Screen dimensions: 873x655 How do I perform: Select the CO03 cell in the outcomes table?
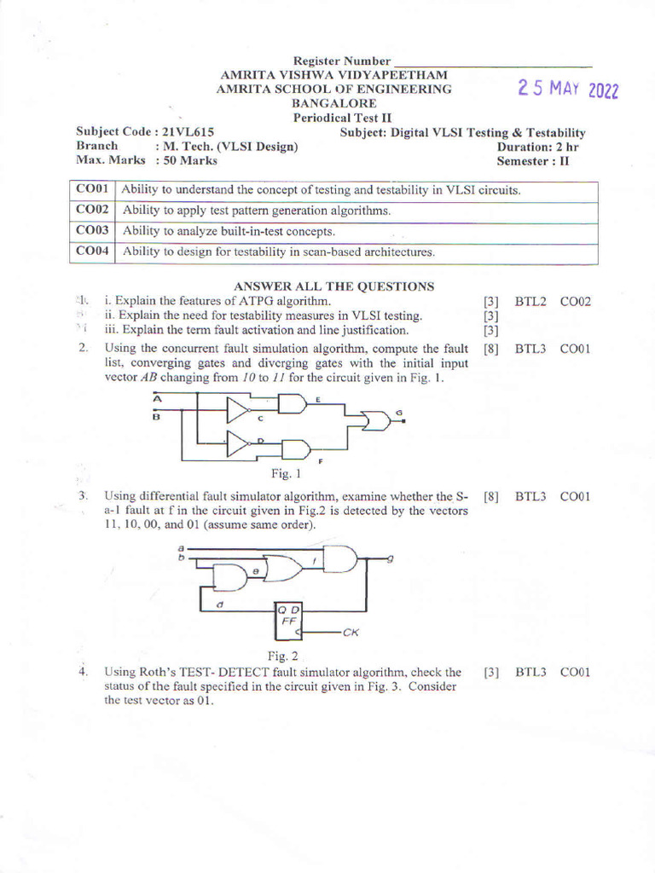pyautogui.click(x=92, y=230)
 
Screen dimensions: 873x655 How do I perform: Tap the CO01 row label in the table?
pyautogui.click(x=92, y=189)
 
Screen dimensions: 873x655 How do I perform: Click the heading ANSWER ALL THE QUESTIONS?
pyautogui.click(x=333, y=286)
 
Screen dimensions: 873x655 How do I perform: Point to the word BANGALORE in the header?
pyautogui.click(x=333, y=103)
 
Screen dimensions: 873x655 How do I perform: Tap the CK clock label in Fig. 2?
pyautogui.click(x=351, y=633)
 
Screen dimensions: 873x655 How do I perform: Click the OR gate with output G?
pyautogui.click(x=374, y=419)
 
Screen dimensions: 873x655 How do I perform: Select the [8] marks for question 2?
pyautogui.click(x=490, y=349)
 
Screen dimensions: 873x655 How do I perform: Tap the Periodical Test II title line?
pyautogui.click(x=333, y=118)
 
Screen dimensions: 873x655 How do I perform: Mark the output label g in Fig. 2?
pyautogui.click(x=390, y=558)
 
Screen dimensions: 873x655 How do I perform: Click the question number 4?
pyautogui.click(x=84, y=672)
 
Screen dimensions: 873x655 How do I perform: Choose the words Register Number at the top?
pyautogui.click(x=341, y=61)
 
